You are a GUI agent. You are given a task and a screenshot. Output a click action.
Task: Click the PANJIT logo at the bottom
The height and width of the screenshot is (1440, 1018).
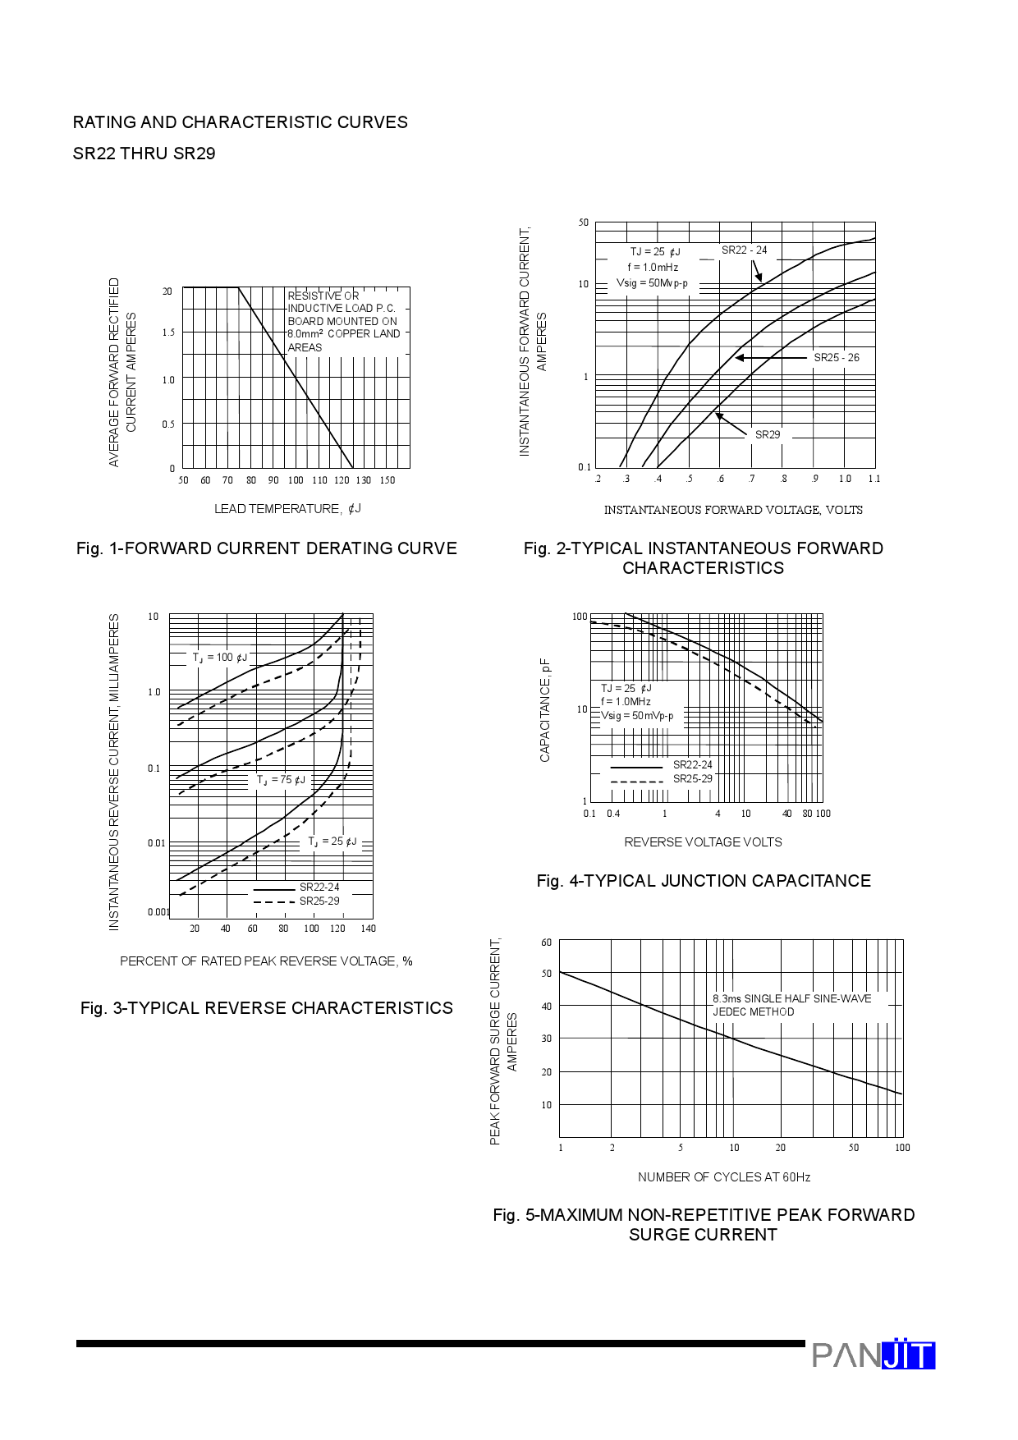click(x=873, y=1355)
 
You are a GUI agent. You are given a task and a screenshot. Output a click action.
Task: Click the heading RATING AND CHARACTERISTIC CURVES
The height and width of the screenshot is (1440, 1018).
click(x=240, y=122)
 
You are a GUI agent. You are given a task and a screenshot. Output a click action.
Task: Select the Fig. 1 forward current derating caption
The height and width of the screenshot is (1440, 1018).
click(x=266, y=548)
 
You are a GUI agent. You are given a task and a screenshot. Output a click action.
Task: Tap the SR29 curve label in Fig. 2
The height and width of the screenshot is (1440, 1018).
click(x=768, y=435)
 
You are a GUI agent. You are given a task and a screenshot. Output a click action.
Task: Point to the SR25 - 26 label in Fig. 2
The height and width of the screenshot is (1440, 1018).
click(x=836, y=358)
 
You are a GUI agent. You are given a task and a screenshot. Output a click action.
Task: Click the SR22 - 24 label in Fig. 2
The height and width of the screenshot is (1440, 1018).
click(x=744, y=250)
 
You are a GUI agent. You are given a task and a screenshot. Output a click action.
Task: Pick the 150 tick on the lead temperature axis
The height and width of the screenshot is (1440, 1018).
click(x=387, y=480)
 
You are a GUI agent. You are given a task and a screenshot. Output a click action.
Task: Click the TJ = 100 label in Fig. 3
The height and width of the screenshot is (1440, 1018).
click(x=219, y=658)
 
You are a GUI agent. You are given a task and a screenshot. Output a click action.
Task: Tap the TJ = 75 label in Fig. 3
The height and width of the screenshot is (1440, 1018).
click(x=281, y=780)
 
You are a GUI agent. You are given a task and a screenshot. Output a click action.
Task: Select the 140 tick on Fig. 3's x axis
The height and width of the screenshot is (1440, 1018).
click(x=368, y=929)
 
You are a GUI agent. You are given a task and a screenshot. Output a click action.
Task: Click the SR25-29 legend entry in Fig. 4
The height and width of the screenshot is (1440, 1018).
click(x=692, y=779)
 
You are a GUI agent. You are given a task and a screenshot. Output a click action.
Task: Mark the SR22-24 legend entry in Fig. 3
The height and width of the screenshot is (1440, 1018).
click(x=319, y=887)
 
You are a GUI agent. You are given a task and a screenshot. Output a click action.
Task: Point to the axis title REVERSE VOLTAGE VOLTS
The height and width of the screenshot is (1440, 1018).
click(x=703, y=842)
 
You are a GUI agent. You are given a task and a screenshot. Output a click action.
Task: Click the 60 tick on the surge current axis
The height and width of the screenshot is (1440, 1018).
click(x=547, y=942)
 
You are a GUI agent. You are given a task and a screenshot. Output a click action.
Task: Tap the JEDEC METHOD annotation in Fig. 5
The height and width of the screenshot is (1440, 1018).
click(x=753, y=1012)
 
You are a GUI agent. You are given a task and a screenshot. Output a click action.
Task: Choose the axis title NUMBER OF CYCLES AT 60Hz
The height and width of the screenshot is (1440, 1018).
click(x=723, y=1177)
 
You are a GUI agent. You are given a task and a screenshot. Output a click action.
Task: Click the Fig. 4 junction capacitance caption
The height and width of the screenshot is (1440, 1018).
click(x=703, y=881)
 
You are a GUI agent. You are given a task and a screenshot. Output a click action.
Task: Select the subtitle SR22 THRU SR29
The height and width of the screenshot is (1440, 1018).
click(x=144, y=154)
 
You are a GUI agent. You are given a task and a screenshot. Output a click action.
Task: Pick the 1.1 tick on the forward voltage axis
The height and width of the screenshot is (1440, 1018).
click(x=874, y=479)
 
